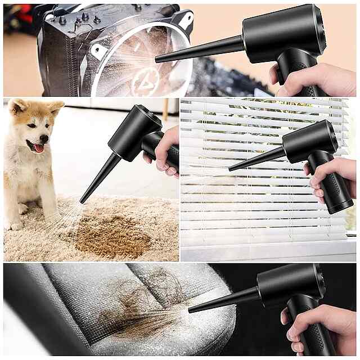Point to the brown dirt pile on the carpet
112,236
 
